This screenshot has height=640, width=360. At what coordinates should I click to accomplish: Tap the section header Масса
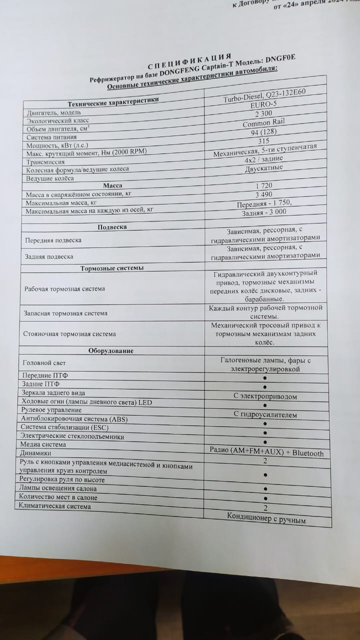click(x=112, y=185)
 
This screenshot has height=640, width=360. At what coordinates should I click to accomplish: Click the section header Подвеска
click(x=112, y=227)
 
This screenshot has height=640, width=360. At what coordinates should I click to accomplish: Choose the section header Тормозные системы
click(x=112, y=268)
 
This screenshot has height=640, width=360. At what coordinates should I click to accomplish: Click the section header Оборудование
click(x=111, y=350)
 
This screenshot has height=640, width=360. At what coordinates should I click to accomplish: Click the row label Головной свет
click(x=44, y=362)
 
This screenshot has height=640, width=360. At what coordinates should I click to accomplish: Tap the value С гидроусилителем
click(x=265, y=414)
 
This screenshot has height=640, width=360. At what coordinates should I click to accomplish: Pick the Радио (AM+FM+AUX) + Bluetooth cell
click(x=266, y=453)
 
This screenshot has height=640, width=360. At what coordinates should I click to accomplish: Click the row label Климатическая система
click(x=54, y=506)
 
